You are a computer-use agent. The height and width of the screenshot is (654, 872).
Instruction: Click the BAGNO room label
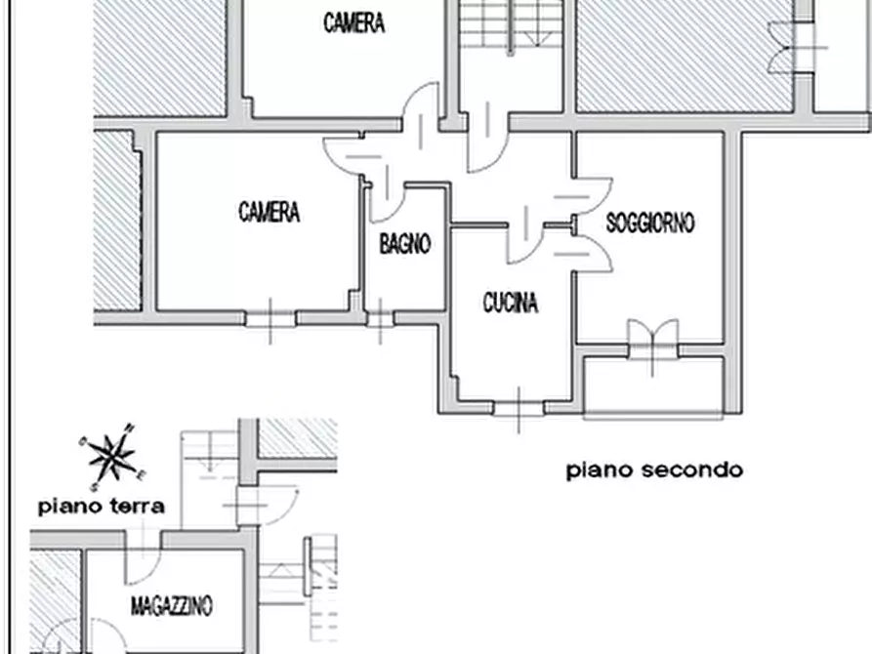404,244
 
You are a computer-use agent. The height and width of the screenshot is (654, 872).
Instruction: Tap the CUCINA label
510,303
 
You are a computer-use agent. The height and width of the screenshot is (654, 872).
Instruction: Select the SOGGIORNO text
650,224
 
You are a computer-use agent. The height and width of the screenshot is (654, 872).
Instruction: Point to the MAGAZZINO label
171,607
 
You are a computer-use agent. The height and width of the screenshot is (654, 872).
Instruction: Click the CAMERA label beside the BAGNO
269,212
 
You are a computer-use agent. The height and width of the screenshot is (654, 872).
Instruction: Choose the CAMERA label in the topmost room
353,23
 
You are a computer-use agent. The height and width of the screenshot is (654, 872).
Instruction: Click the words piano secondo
654,470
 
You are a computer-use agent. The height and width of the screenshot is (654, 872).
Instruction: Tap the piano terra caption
101,507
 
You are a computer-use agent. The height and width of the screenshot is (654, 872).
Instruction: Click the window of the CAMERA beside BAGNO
270,318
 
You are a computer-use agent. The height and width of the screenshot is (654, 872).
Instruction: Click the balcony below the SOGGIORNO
652,386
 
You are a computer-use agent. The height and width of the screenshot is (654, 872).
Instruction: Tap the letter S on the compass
93,485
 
